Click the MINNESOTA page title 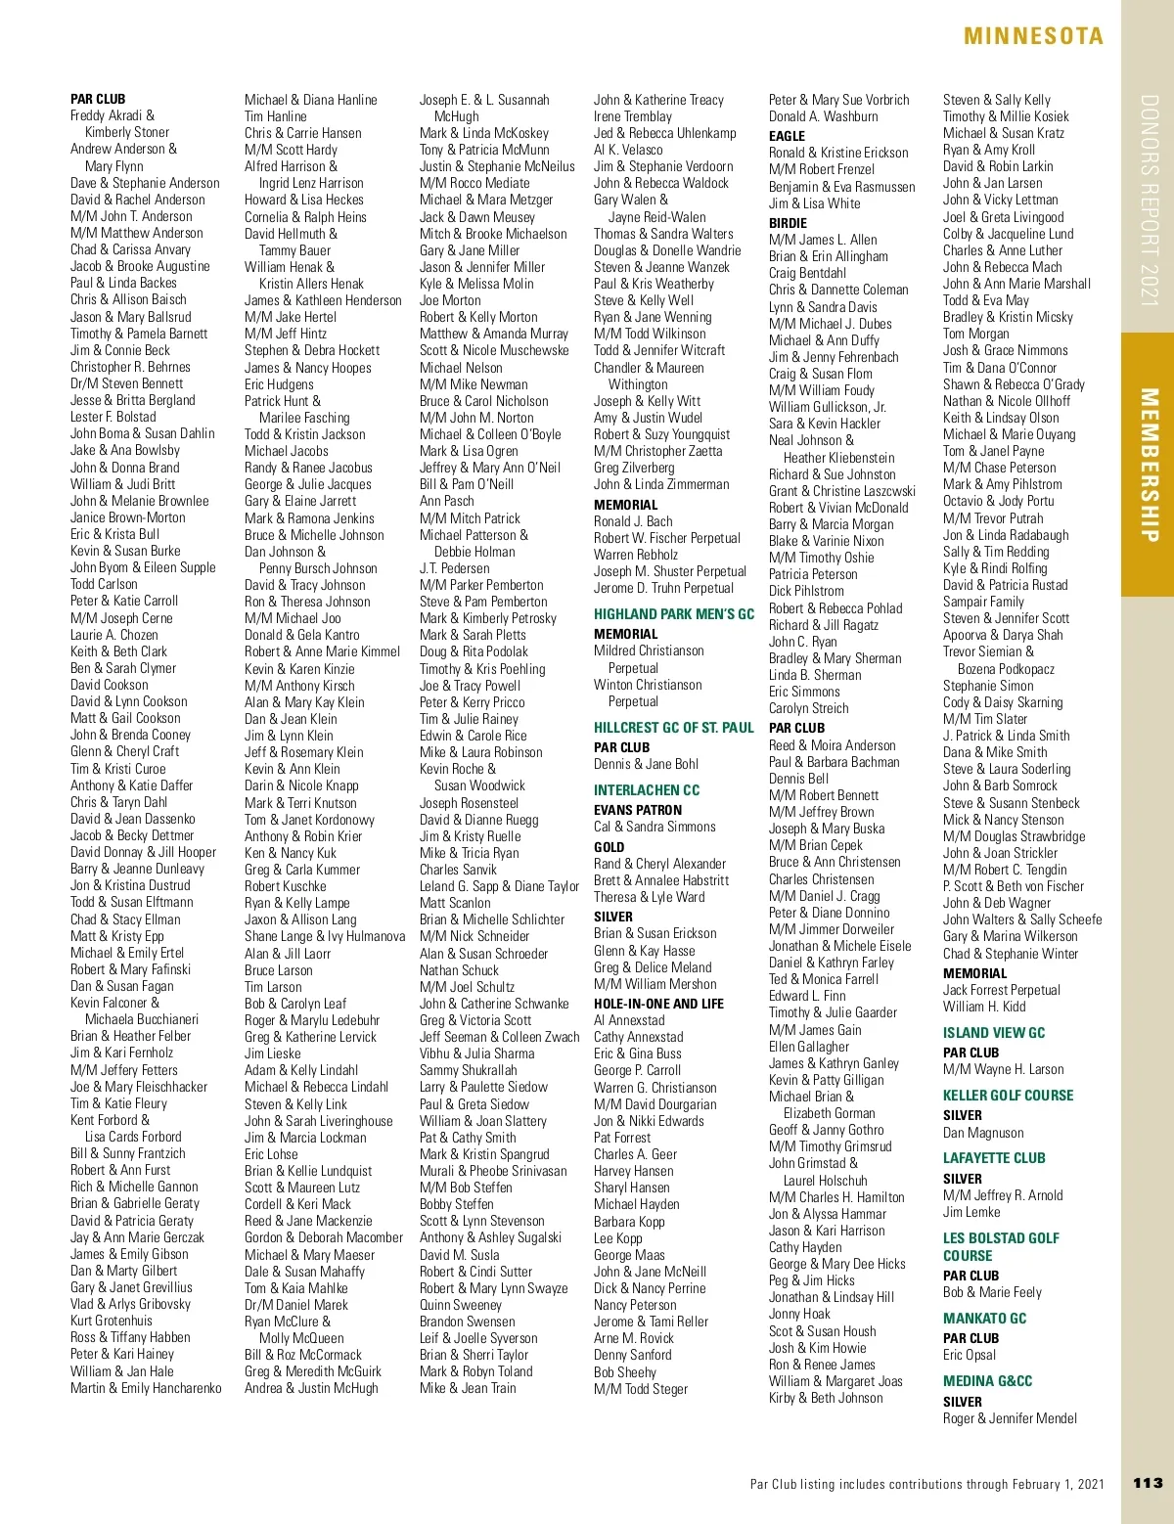(1033, 37)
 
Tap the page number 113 (1147, 1483)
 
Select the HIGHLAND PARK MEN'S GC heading (674, 614)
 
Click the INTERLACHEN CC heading (647, 790)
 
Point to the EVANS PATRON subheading (638, 810)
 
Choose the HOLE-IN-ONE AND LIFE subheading (658, 1004)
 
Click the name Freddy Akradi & (113, 115)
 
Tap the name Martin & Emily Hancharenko (146, 1388)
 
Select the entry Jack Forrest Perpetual (1001, 990)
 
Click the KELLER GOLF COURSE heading (1008, 1096)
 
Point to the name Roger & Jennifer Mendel (1010, 1418)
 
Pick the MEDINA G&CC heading (987, 1381)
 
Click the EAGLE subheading (787, 136)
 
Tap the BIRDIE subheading (788, 223)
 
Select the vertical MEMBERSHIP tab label (1150, 465)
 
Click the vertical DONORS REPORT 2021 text (1150, 201)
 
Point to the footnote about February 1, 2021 (926, 1484)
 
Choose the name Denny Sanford (632, 1355)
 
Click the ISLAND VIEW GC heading (994, 1033)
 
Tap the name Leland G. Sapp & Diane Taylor (499, 886)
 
